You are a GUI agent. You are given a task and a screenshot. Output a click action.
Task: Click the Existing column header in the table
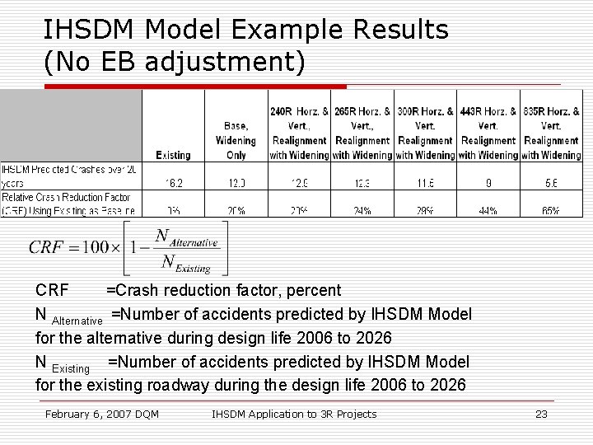(x=173, y=155)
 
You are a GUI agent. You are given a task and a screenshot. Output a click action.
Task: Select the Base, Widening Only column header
(x=236, y=140)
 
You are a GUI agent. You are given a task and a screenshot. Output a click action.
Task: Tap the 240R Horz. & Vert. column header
(x=299, y=133)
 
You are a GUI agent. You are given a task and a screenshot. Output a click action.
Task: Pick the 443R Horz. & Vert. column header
(x=488, y=133)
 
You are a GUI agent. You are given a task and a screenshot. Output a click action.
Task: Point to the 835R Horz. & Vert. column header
(x=551, y=133)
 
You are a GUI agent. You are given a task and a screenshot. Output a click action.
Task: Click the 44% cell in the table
(x=488, y=211)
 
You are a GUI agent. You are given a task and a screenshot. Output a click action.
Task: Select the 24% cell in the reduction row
(x=362, y=211)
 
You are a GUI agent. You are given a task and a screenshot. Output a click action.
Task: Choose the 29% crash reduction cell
(x=425, y=211)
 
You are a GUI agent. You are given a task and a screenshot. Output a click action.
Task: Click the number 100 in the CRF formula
(x=96, y=247)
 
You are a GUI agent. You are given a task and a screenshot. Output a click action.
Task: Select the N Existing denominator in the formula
(x=186, y=263)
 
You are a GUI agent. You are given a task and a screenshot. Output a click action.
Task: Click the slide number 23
(x=541, y=414)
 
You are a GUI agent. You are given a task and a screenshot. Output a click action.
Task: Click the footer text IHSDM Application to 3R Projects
(x=294, y=414)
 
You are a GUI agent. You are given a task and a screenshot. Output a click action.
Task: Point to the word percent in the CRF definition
(x=312, y=290)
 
